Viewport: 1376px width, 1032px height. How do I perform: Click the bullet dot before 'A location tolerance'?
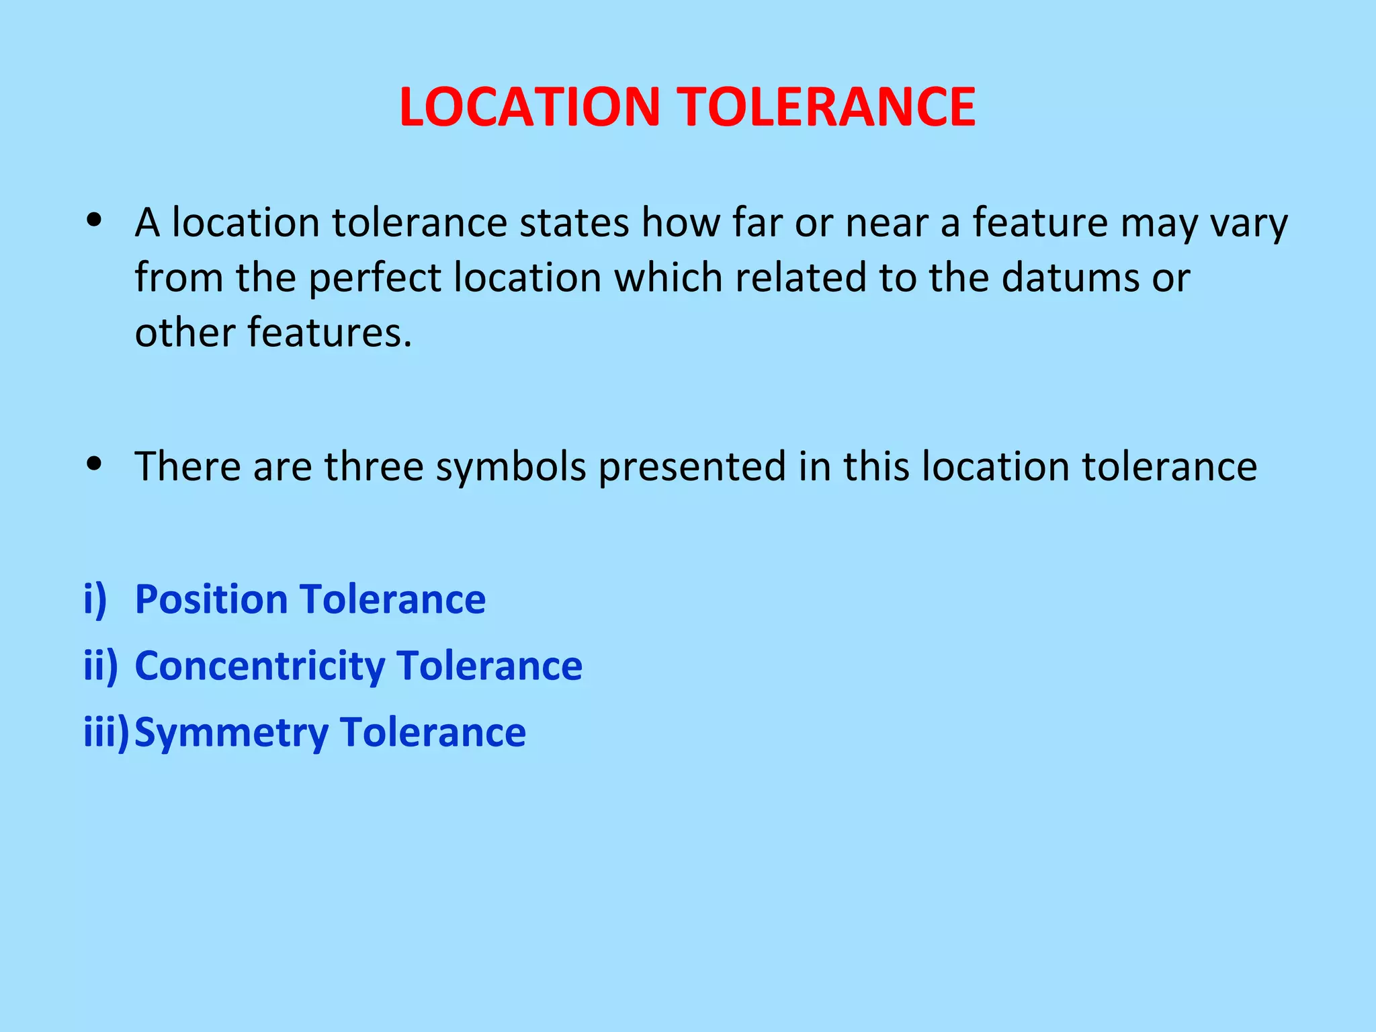(x=94, y=220)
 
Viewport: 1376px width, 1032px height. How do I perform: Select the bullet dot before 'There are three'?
(x=94, y=463)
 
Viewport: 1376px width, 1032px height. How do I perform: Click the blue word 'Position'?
(x=211, y=599)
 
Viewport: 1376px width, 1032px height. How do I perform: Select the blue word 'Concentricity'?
(x=260, y=666)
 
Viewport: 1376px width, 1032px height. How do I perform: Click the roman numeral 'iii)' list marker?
(x=105, y=732)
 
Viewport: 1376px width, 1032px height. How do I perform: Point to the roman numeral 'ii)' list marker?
(x=101, y=666)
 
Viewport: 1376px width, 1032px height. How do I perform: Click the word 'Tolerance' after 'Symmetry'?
(x=433, y=732)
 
